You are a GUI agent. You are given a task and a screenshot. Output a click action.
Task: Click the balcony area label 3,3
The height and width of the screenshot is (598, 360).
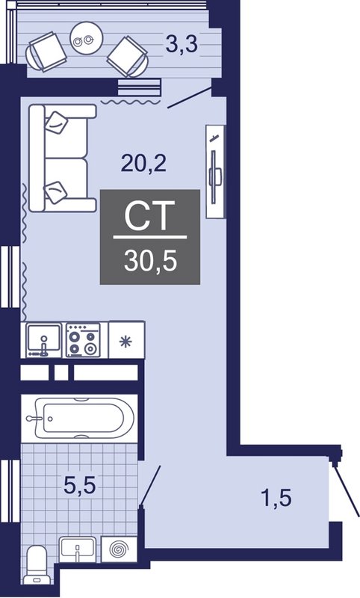[181, 45]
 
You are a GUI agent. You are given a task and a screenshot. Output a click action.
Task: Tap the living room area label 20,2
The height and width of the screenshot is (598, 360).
[143, 164]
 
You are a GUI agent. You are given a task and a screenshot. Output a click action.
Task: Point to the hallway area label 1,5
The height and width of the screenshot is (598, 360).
[276, 498]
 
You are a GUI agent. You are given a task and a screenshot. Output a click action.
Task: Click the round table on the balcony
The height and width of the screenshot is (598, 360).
[87, 38]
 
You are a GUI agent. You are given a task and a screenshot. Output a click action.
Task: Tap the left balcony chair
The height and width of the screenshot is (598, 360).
[46, 52]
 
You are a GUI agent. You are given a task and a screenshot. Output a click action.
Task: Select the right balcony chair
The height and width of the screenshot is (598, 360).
[128, 57]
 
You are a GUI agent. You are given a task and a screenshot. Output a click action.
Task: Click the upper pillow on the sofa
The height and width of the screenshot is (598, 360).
[56, 123]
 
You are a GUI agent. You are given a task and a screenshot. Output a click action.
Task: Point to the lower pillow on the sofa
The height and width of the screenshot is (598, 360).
[56, 192]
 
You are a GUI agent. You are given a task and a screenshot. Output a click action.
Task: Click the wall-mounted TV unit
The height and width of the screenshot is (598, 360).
[215, 172]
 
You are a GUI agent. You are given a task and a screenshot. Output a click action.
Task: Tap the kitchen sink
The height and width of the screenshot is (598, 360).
[43, 340]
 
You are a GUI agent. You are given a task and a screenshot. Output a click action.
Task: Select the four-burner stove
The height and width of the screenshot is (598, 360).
[84, 340]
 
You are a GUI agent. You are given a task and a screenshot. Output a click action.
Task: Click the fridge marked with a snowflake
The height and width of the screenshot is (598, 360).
[126, 340]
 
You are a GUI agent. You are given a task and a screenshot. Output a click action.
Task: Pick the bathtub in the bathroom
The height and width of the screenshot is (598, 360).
[79, 419]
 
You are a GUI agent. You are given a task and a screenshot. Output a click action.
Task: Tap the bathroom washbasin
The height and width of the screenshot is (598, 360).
[78, 549]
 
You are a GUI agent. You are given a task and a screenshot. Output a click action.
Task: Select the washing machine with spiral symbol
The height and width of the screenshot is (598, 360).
[119, 549]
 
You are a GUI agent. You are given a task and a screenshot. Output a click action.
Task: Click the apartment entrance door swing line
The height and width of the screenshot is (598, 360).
[346, 489]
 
